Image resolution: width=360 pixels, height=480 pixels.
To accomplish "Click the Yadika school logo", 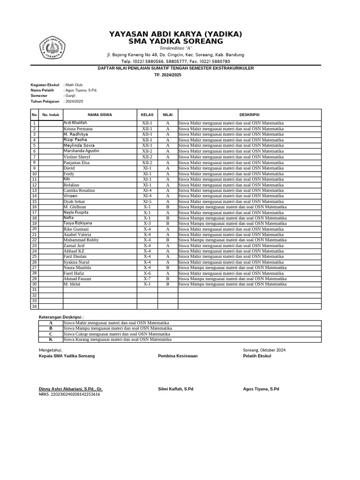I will tap(52, 47).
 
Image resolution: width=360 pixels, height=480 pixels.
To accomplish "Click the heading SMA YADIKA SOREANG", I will tap(175, 42).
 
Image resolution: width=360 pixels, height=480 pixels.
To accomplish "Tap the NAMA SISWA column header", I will tap(100, 114).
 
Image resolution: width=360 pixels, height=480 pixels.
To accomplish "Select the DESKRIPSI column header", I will tap(249, 114).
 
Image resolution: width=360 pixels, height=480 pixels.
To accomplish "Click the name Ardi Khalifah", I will tap(75, 123).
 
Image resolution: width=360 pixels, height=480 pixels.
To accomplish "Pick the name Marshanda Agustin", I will tap(81, 151).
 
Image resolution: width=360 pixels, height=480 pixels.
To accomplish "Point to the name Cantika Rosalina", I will tap(79, 190).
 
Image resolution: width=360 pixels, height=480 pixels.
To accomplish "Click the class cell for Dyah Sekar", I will tap(147, 202).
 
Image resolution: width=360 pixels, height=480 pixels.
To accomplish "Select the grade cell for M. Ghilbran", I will tap(167, 207).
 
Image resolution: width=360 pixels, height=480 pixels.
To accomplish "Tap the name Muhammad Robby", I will tap(81, 240).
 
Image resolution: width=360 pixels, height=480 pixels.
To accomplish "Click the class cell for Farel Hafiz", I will tap(147, 273).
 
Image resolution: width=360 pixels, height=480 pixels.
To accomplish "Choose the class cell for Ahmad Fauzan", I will tap(147, 279).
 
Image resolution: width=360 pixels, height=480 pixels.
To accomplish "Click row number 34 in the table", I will tap(34, 307).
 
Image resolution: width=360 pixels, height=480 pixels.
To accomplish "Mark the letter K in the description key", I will tap(51, 340).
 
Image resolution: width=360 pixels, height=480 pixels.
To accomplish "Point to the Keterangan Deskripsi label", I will tap(61, 317).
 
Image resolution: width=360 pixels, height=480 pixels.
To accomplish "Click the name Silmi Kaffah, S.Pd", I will tap(175, 389).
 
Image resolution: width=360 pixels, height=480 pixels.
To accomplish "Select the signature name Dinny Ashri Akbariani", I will tap(70, 389).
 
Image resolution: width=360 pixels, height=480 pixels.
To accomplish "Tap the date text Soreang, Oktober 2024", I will tap(264, 350).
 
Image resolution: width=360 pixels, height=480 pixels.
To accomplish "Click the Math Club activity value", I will tap(74, 85).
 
